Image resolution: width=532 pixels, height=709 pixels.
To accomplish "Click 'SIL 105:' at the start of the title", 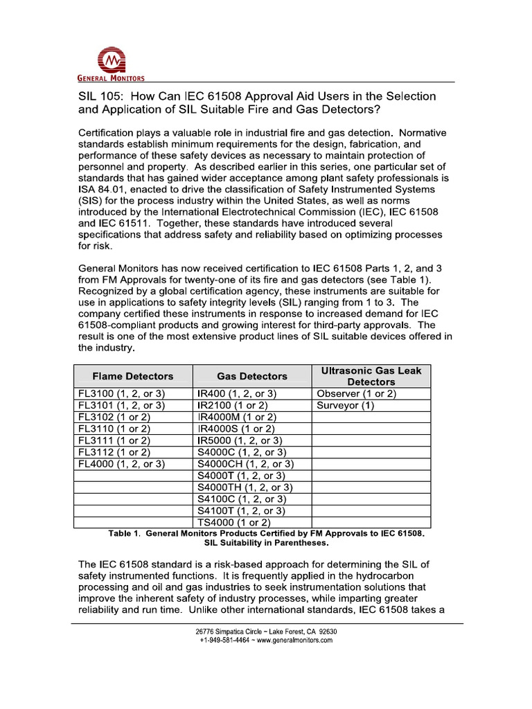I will pos(101,96).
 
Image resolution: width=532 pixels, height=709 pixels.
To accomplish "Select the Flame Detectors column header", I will pos(133,376).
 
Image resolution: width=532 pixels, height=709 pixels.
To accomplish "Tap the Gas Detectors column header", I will pos(251,376).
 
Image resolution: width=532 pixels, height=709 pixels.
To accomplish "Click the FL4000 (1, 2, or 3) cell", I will pos(121,464).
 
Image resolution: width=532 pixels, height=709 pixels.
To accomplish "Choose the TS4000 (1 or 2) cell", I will pos(234,522).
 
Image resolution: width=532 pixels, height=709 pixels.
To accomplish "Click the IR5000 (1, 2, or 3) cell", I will pos(240,440).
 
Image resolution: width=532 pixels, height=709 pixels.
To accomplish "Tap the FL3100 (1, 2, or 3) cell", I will pos(121,393).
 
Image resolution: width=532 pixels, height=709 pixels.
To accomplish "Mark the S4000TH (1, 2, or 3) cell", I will pos(245,487).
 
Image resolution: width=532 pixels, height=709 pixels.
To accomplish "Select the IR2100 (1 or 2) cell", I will pos(233,405).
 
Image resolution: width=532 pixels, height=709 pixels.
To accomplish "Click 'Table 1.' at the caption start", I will pos(125,534).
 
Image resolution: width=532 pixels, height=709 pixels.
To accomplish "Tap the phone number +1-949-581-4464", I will pos(225,640).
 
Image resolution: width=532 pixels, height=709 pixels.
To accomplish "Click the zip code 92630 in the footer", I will pos(325,631).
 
